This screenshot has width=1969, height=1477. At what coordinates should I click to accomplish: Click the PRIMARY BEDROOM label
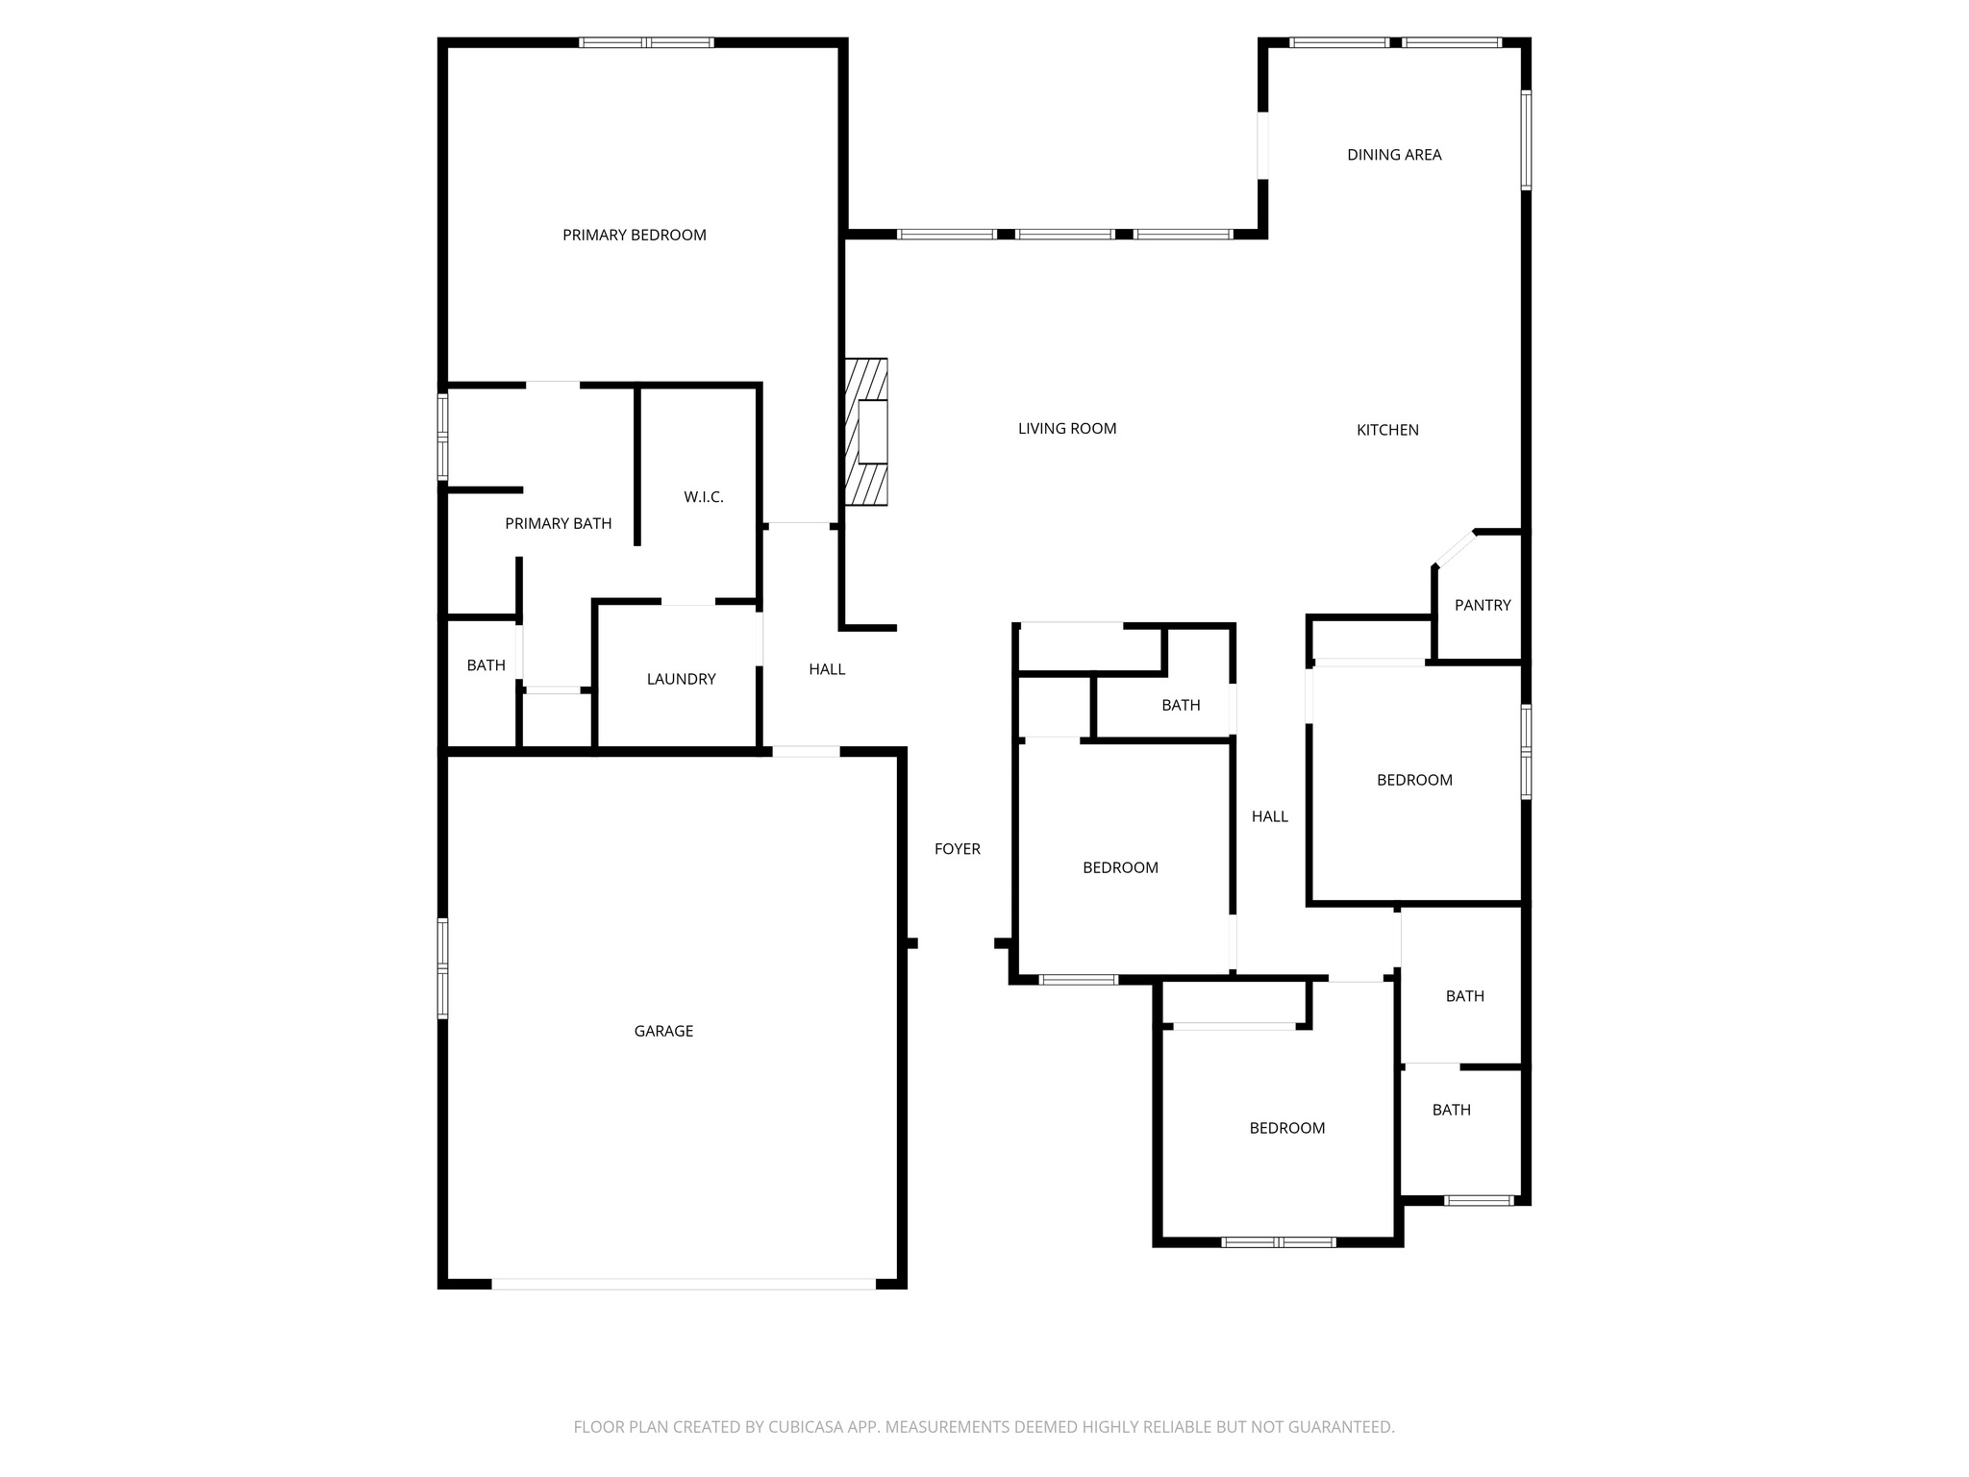pyautogui.click(x=634, y=235)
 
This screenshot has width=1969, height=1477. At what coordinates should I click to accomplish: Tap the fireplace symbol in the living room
pyautogui.click(x=866, y=432)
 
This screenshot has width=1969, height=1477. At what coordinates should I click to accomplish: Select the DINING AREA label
pyautogui.click(x=1394, y=155)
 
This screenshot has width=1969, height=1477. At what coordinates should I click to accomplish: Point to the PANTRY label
pyautogui.click(x=1482, y=605)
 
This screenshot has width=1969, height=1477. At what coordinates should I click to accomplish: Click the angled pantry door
pyautogui.click(x=1455, y=548)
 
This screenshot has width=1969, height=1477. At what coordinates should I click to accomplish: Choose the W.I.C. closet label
pyautogui.click(x=703, y=497)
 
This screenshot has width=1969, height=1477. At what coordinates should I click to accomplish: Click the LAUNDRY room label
pyautogui.click(x=681, y=679)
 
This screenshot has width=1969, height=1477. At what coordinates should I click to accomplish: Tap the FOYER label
pyautogui.click(x=957, y=848)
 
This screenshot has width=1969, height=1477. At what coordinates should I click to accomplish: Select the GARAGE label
pyautogui.click(x=663, y=1031)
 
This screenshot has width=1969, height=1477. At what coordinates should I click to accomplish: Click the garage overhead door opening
pyautogui.click(x=684, y=1284)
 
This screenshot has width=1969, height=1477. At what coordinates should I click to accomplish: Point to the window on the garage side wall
pyautogui.click(x=443, y=968)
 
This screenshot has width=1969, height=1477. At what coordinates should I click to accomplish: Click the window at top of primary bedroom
pyautogui.click(x=646, y=42)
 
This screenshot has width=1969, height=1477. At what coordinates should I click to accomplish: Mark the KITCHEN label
pyautogui.click(x=1386, y=430)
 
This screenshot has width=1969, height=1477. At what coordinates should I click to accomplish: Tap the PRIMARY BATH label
pyautogui.click(x=558, y=524)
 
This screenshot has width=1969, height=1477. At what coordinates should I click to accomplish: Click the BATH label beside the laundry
pyautogui.click(x=486, y=665)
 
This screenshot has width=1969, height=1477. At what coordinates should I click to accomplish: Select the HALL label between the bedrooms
pyautogui.click(x=1269, y=816)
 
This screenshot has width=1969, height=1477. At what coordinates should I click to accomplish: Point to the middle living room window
pyautogui.click(x=1065, y=234)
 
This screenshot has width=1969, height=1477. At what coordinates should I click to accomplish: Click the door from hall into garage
pyautogui.click(x=806, y=752)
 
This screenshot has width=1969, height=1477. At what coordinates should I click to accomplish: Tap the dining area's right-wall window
pyautogui.click(x=1526, y=139)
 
